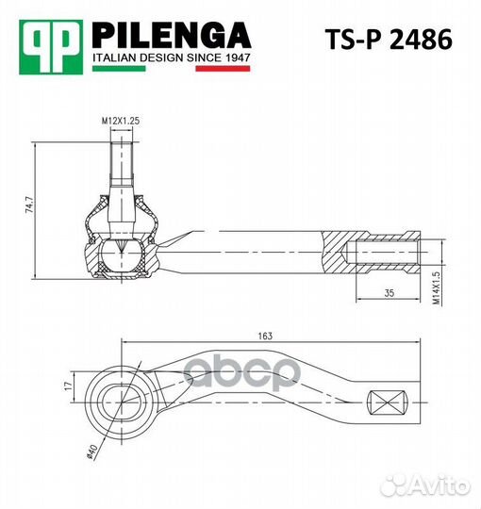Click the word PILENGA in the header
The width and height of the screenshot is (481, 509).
[171, 35]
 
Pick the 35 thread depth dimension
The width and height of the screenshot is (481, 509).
[389, 292]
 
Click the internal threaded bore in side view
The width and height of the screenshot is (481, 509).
[385, 254]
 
